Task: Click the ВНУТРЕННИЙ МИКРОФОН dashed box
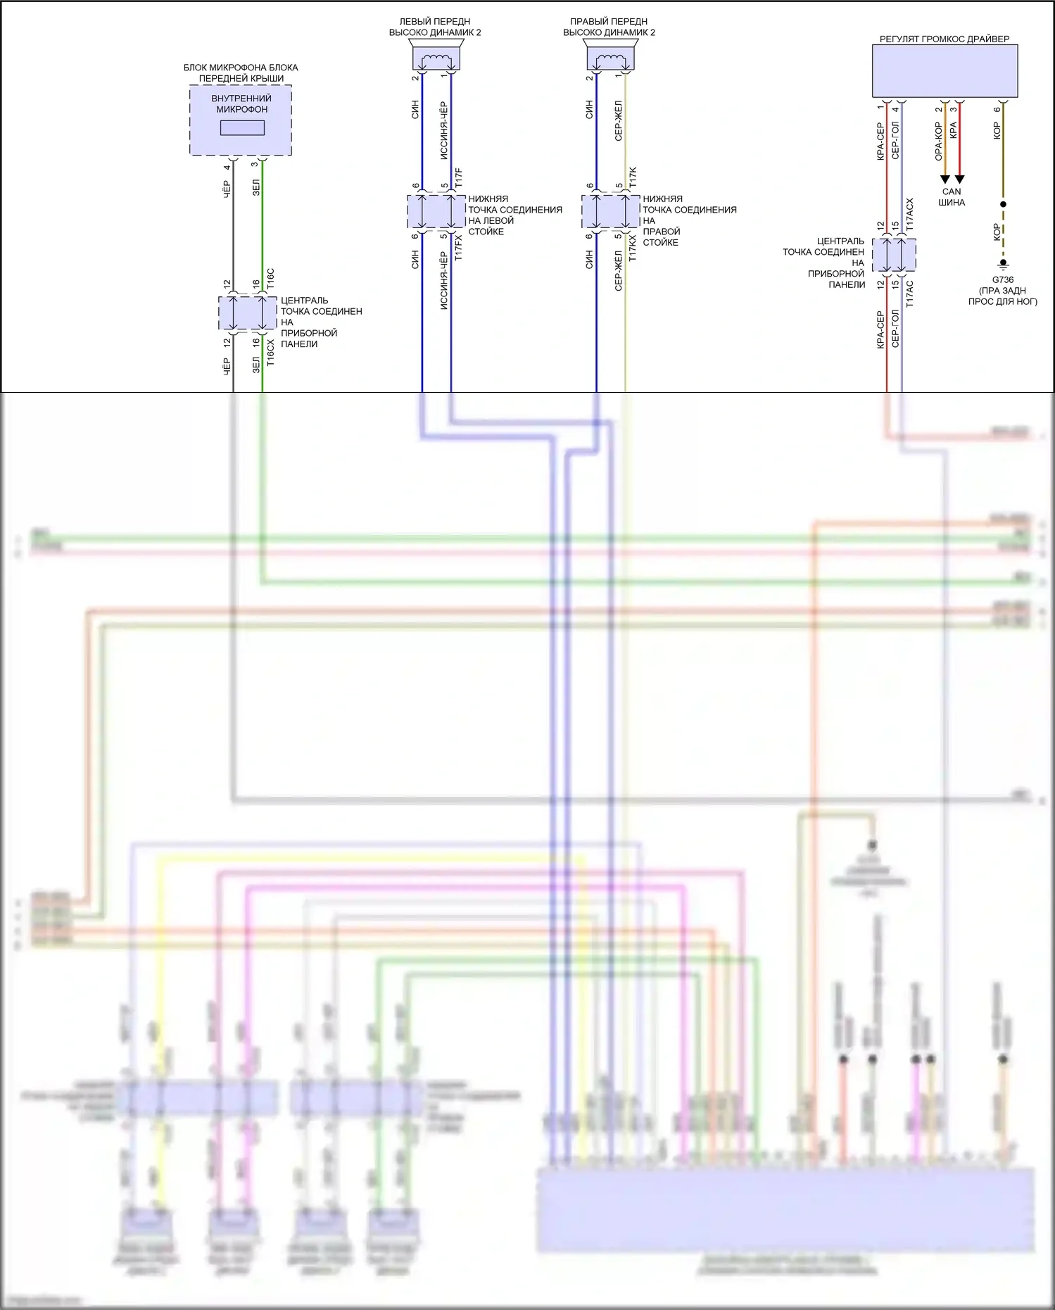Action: [241, 120]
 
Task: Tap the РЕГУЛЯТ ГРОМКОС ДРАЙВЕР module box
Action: [945, 71]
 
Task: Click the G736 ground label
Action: [1003, 280]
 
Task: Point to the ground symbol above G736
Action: [1003, 265]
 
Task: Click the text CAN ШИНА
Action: [952, 197]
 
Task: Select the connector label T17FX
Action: [459, 248]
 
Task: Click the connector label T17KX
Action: [633, 248]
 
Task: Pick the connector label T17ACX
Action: [909, 215]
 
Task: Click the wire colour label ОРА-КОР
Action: [938, 141]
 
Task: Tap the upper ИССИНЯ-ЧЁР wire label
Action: [443, 131]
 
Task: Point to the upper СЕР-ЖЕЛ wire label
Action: [618, 121]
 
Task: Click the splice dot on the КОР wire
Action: [1003, 204]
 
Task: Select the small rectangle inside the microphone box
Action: [242, 128]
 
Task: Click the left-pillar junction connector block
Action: [436, 212]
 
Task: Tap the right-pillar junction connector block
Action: [610, 212]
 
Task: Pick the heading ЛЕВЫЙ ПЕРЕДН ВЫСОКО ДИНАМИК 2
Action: [435, 27]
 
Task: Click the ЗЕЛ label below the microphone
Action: [256, 187]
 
